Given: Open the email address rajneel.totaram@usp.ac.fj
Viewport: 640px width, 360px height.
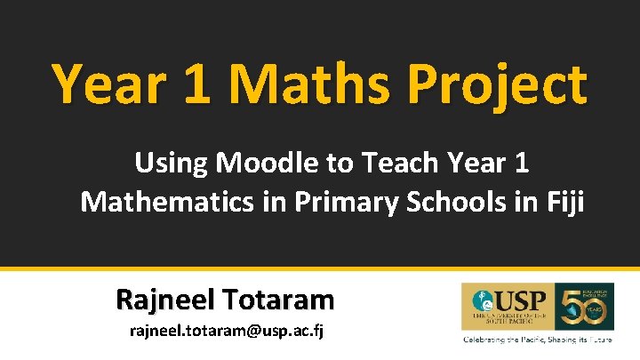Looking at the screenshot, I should click(225, 333).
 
